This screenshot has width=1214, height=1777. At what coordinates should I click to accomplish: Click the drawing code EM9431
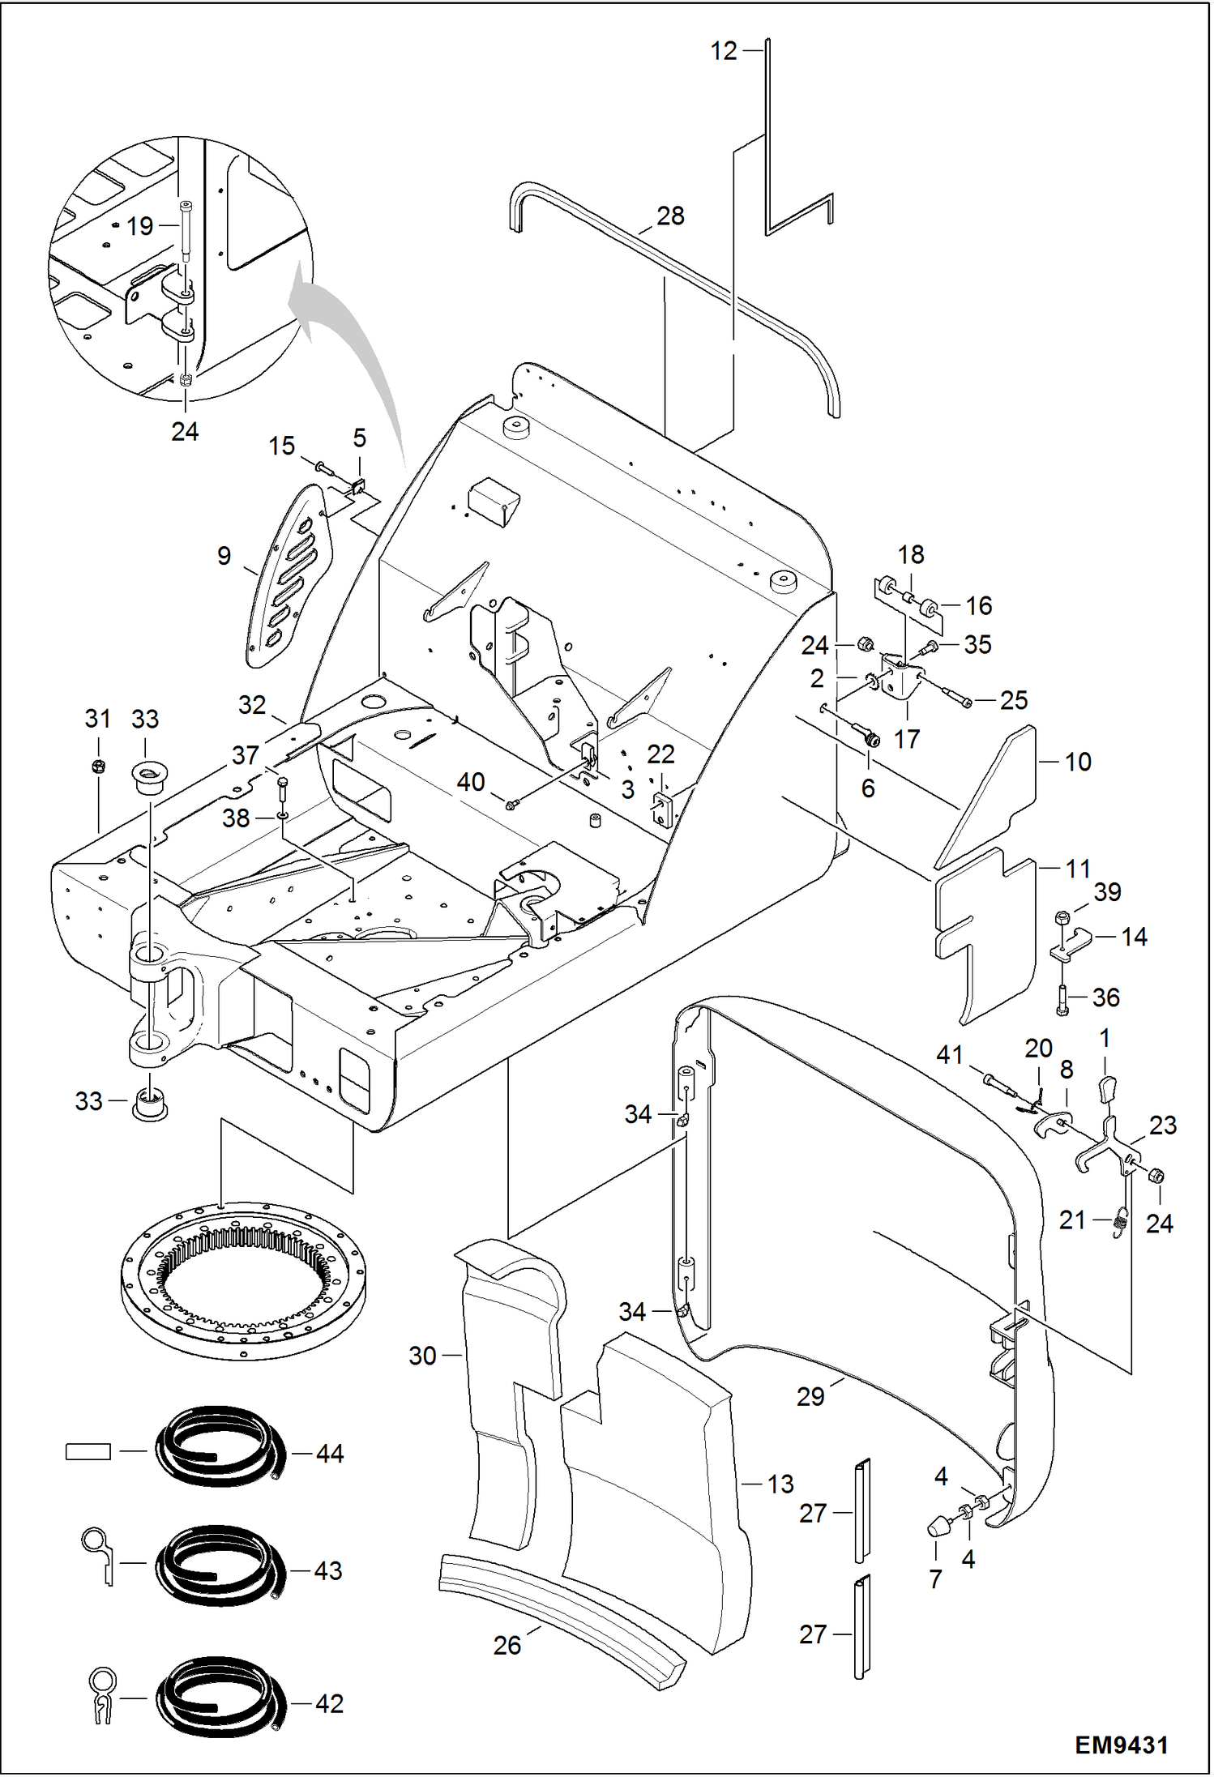tap(1121, 1745)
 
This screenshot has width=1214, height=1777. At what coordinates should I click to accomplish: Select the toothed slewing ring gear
tap(243, 1283)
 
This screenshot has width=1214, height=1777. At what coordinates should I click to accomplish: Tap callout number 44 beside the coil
tap(329, 1454)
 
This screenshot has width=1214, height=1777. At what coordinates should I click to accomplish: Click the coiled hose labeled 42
tap(220, 1700)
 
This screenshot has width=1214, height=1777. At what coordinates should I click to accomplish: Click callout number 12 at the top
tap(724, 51)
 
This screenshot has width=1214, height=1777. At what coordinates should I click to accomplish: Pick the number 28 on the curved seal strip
tap(670, 216)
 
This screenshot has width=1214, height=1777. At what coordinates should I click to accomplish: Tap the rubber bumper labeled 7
tap(938, 1527)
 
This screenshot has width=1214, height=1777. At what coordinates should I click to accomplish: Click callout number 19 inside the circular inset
tap(139, 226)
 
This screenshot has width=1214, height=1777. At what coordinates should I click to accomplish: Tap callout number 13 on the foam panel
tap(780, 1484)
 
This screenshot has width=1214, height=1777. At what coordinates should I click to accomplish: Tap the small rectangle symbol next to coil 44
tap(88, 1453)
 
